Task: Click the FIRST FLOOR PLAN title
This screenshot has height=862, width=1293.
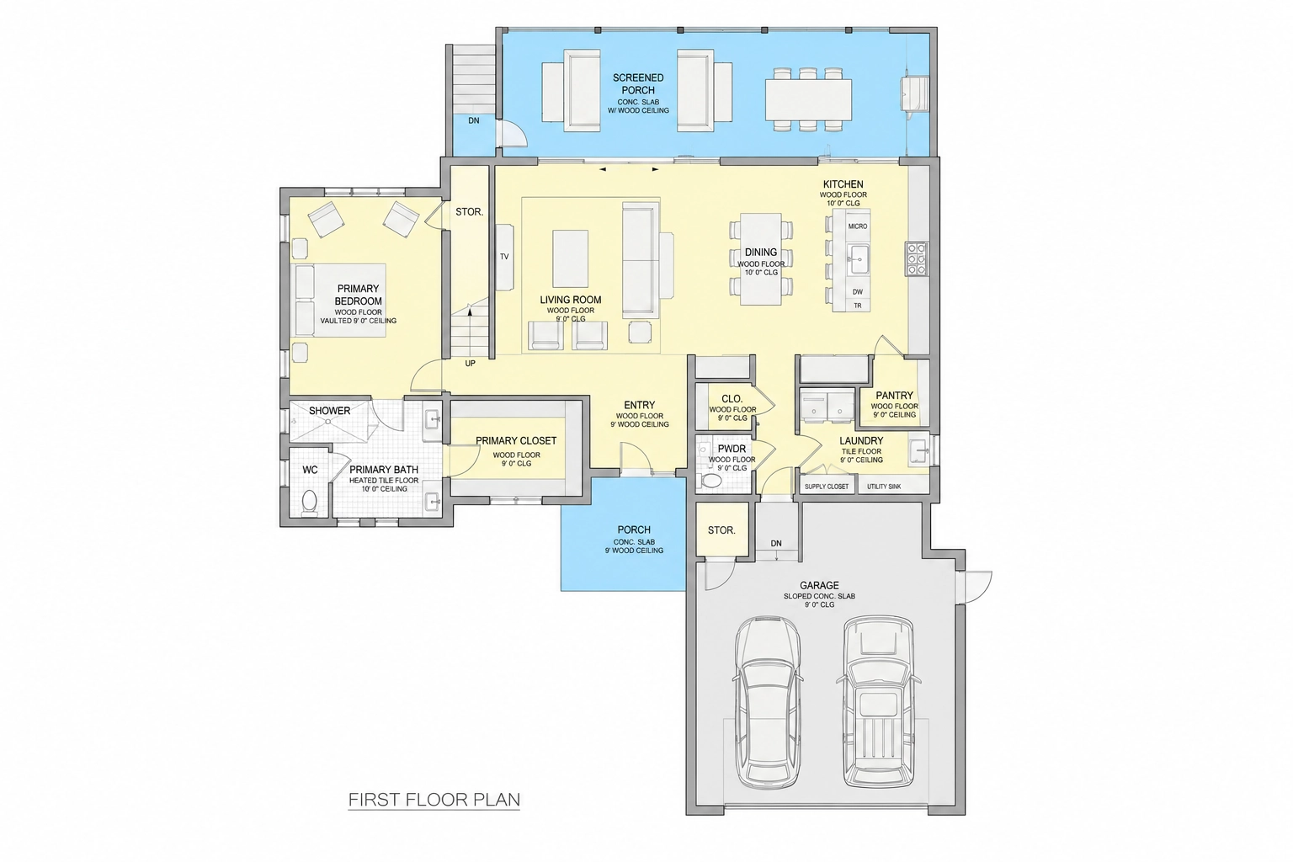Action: (x=434, y=800)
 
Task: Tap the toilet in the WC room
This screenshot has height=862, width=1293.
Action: (x=310, y=502)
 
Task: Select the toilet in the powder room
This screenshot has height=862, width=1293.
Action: (x=710, y=480)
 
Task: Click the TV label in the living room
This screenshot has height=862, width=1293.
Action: (x=504, y=257)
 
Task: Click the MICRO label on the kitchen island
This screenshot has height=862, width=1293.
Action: (x=858, y=226)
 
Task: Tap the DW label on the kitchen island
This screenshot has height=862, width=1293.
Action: (x=858, y=292)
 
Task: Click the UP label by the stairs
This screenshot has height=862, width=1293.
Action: (x=471, y=364)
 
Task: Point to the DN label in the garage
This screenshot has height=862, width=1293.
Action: (x=776, y=543)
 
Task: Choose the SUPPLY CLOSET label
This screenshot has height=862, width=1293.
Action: (x=827, y=487)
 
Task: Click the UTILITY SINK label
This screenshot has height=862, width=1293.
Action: (x=884, y=487)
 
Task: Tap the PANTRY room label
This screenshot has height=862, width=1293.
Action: (x=894, y=396)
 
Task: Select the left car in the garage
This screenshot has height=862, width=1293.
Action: (x=768, y=702)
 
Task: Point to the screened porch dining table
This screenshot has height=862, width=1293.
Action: (x=809, y=100)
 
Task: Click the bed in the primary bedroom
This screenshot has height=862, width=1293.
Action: (x=341, y=301)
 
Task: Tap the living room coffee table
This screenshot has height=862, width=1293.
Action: (x=570, y=258)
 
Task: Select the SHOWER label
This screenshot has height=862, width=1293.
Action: (x=330, y=411)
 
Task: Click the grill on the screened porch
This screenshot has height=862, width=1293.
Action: (x=916, y=93)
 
